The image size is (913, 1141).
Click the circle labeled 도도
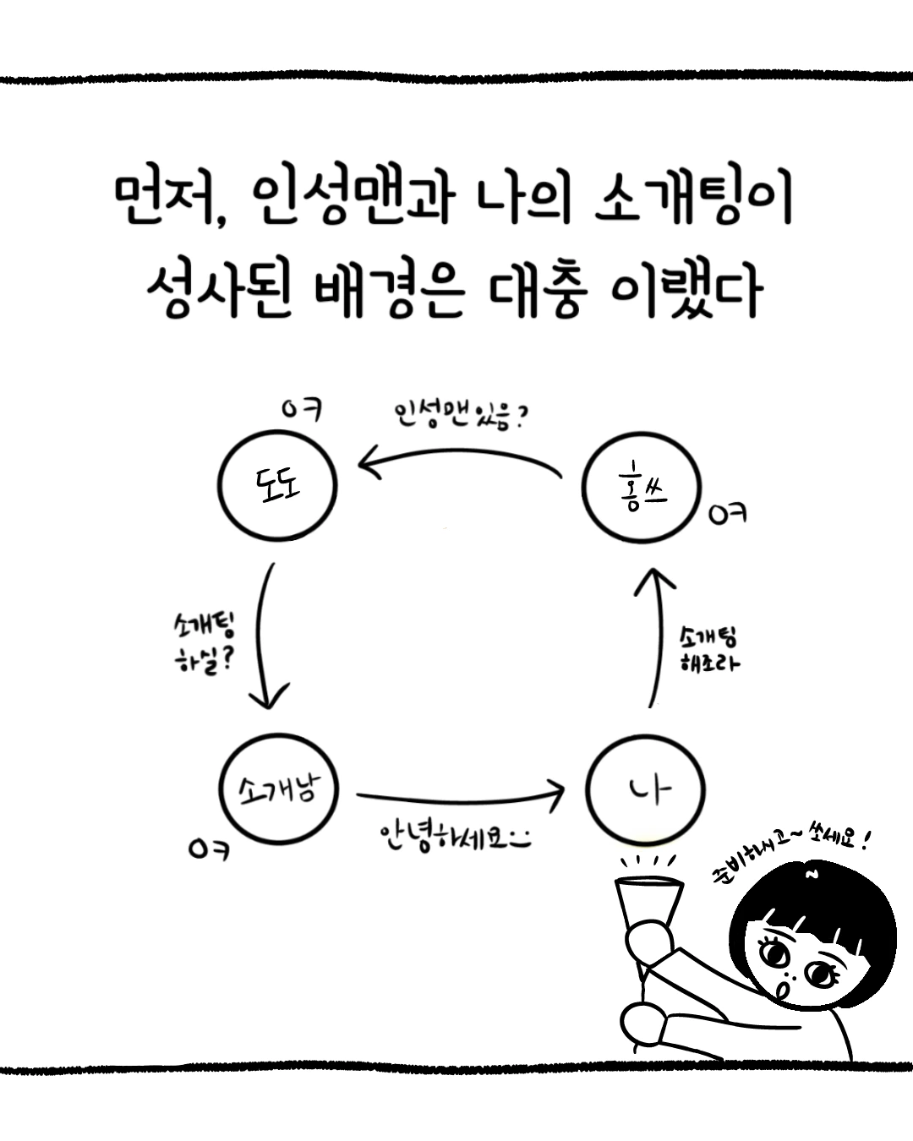tap(277, 484)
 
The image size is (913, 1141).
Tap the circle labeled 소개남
tap(277, 789)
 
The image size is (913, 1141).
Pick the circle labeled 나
tap(647, 791)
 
